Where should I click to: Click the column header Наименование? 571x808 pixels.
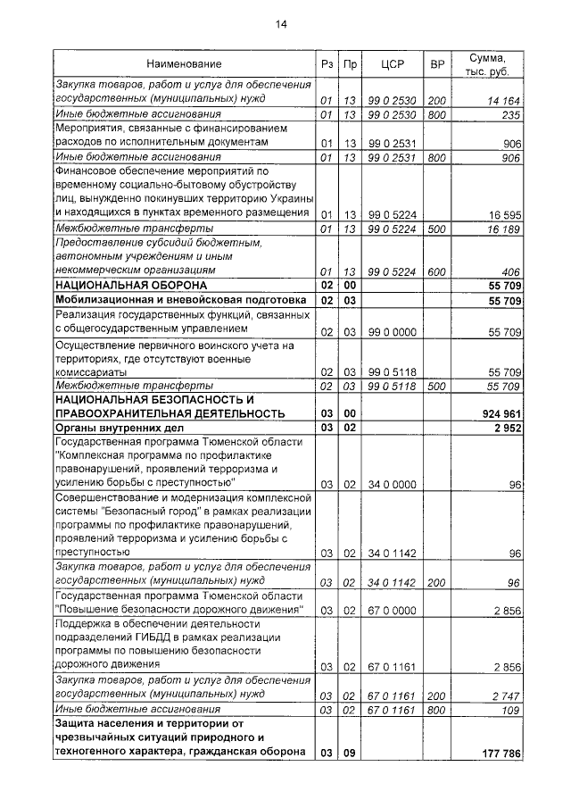(x=185, y=64)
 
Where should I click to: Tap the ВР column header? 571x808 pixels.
(x=437, y=64)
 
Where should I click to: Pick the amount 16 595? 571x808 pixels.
(x=503, y=214)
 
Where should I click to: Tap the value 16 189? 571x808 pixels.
(x=503, y=229)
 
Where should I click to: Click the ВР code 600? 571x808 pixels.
(x=437, y=271)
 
